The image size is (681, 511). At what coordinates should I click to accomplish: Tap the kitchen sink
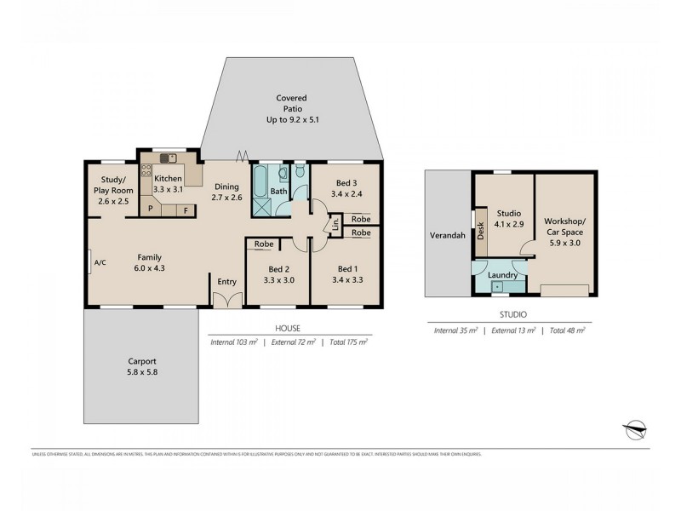click(x=166, y=158)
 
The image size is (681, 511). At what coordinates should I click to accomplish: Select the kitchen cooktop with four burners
click(x=146, y=169)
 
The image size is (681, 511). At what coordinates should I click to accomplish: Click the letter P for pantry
click(x=151, y=209)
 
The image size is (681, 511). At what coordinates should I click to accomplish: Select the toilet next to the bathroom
click(x=299, y=174)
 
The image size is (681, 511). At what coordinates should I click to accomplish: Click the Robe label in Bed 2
click(x=263, y=244)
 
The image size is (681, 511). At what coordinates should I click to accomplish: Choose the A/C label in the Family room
click(x=100, y=262)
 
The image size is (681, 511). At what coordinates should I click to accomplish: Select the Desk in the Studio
click(x=480, y=227)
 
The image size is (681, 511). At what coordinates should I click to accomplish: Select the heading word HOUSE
click(x=287, y=327)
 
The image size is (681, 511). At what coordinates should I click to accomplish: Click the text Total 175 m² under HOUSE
click(x=348, y=342)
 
